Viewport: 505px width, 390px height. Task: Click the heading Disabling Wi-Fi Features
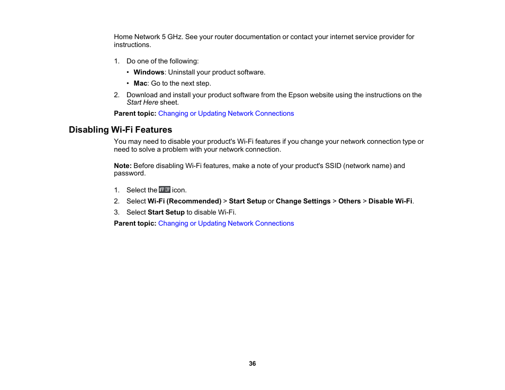tap(120, 129)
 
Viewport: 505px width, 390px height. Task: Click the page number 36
tap(252, 364)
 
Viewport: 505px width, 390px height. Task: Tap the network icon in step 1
tap(165, 190)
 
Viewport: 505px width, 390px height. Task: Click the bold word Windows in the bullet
tap(149, 72)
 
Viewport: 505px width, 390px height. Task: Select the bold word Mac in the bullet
tap(140, 83)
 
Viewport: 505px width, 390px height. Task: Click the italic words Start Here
tap(142, 103)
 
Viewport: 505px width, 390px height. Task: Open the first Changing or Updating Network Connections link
tap(226, 114)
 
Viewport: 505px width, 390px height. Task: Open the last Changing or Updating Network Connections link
tap(226, 224)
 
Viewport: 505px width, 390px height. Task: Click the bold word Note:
tap(123, 166)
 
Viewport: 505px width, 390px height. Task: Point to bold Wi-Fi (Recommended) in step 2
tap(184, 201)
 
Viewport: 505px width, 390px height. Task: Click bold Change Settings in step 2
tap(303, 201)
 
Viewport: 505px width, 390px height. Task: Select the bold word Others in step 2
tap(349, 201)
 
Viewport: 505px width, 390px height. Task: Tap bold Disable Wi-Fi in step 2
tap(390, 201)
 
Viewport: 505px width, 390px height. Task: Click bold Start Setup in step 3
tap(166, 212)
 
